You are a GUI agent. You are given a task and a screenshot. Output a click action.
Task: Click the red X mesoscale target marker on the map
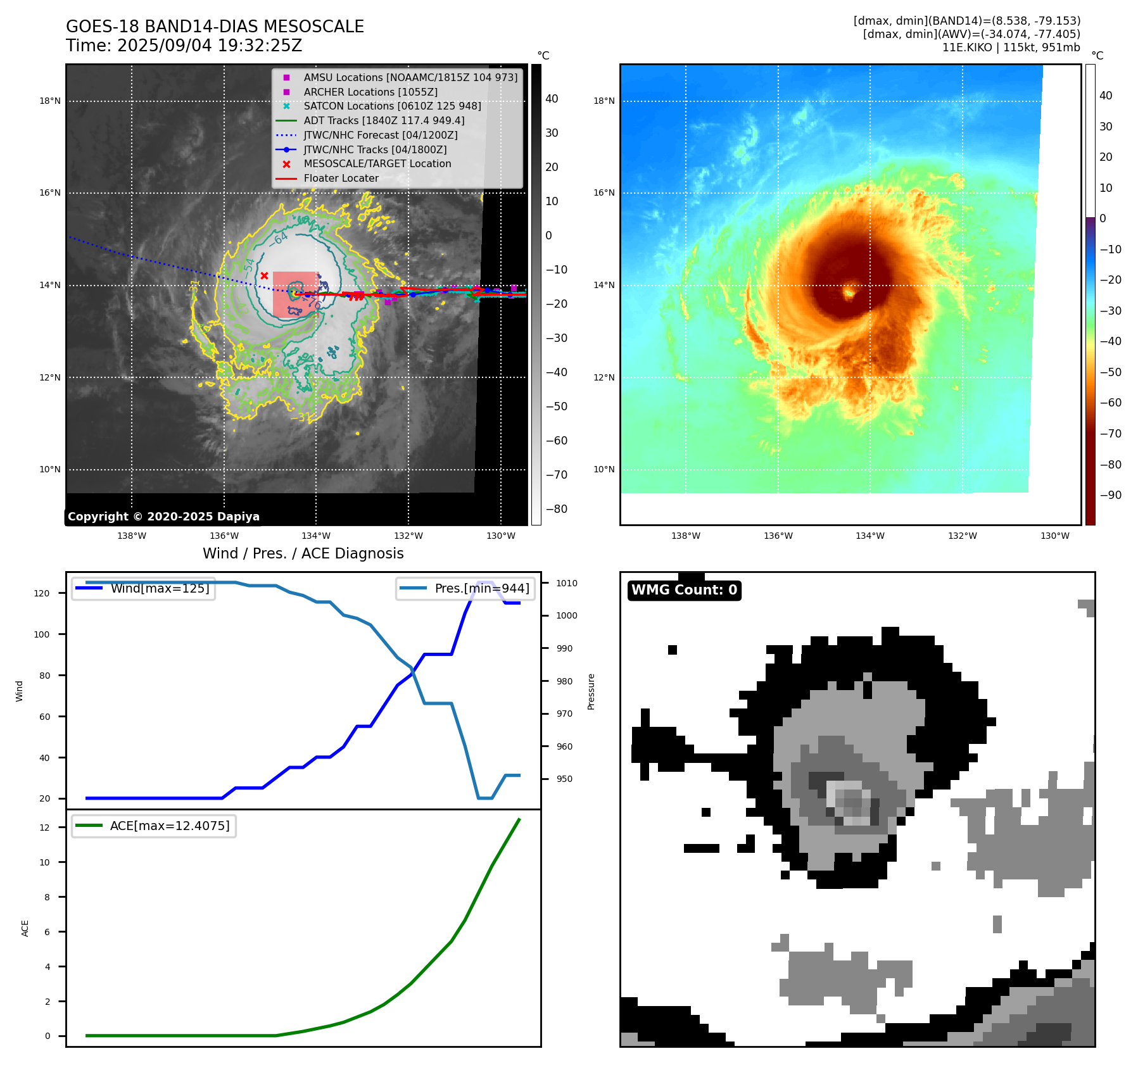pos(264,275)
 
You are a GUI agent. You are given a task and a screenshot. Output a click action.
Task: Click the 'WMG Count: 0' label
pos(684,590)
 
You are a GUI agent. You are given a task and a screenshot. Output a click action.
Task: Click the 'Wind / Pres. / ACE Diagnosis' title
pos(303,553)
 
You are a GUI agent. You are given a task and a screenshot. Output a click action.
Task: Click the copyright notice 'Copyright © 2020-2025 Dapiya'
pos(163,517)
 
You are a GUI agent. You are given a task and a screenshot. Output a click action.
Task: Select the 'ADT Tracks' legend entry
pos(384,120)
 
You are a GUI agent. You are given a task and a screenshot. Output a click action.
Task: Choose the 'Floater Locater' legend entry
pos(341,178)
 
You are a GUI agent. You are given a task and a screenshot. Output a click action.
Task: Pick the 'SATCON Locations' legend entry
pos(392,106)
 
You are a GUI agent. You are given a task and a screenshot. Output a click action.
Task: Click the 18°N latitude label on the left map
pos(50,101)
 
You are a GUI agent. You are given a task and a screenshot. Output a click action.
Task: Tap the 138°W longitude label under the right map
pos(686,536)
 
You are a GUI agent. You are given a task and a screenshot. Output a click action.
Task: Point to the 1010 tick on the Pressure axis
pos(567,583)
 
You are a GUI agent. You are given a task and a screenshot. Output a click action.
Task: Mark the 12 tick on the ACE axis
pos(44,828)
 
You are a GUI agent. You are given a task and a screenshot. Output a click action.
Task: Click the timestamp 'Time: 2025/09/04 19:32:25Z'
pos(184,46)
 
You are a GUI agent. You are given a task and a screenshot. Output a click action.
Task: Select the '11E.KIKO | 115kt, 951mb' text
pos(1011,47)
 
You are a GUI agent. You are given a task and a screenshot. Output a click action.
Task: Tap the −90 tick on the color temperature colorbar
pos(1110,495)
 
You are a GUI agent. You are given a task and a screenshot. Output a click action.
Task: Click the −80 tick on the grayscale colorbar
pos(557,509)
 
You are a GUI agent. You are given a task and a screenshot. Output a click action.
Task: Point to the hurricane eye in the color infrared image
pos(849,293)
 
